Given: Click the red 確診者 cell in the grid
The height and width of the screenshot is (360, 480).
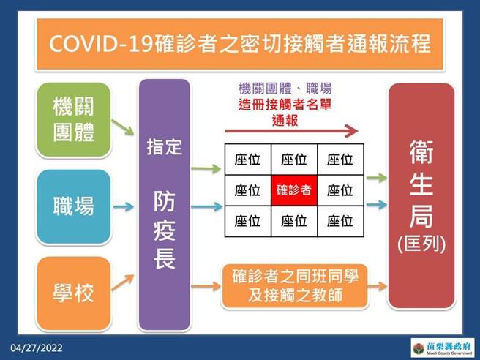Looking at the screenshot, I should click(293, 190).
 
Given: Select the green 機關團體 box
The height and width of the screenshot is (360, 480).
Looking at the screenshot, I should click(73, 119).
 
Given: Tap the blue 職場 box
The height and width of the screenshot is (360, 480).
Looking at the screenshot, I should click(73, 206).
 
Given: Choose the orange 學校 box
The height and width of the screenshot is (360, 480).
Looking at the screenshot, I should click(73, 293).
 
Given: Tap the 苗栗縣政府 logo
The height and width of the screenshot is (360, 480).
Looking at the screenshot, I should click(439, 347).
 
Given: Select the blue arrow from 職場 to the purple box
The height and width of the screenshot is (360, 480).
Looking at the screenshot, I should click(124, 206).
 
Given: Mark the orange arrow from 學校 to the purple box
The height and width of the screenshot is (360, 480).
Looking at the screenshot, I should click(124, 280).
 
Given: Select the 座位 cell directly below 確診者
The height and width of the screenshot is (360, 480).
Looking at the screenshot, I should click(293, 221).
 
